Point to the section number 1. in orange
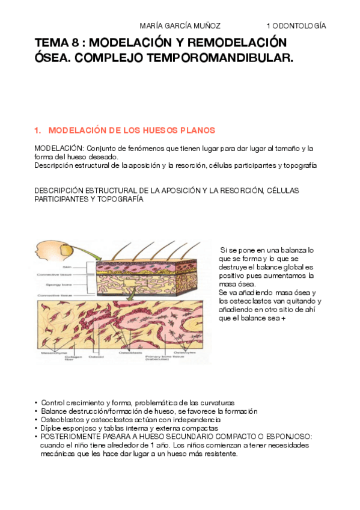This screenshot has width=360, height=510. [38, 130]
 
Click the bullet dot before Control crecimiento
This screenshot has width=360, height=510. [36, 403]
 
